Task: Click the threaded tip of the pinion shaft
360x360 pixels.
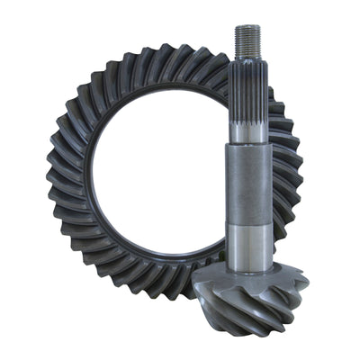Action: (x=248, y=40)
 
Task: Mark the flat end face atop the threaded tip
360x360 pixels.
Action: (x=248, y=27)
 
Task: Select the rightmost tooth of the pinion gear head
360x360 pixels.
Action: (x=306, y=288)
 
